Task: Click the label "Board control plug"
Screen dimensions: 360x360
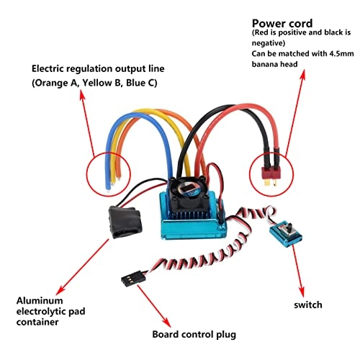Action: (194, 334)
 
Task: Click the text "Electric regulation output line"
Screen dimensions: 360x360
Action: (97, 68)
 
